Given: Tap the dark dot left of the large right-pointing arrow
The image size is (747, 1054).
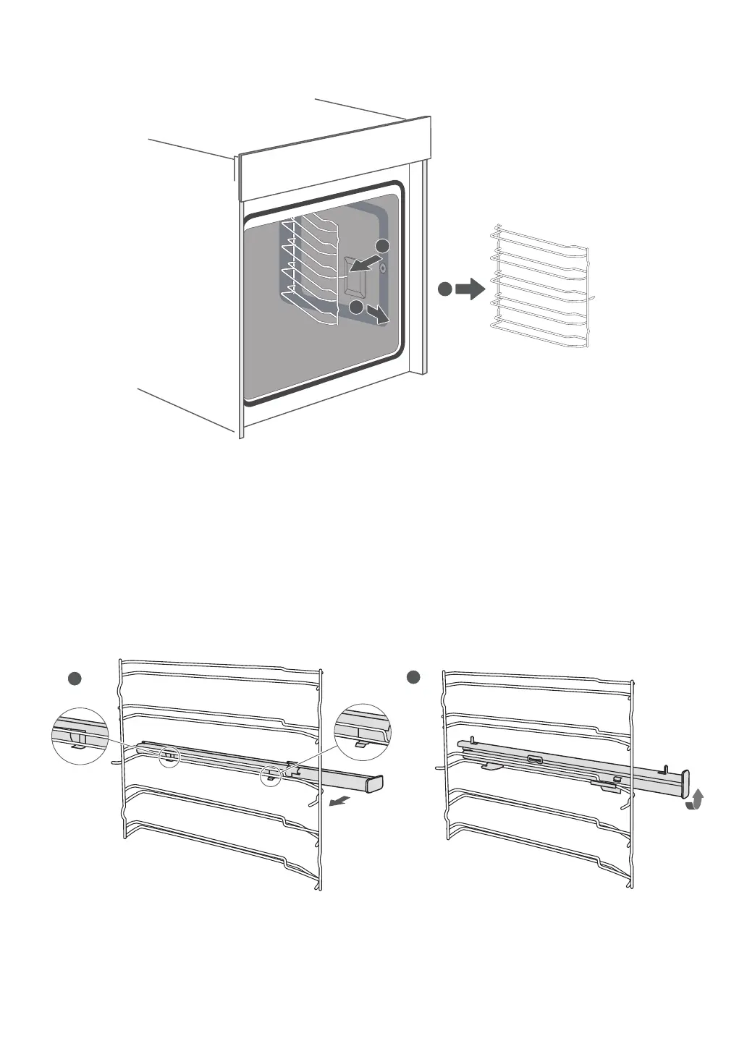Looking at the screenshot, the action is (444, 289).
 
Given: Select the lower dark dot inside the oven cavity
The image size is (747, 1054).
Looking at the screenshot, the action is (356, 307).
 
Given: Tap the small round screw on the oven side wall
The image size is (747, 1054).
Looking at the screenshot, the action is (382, 268).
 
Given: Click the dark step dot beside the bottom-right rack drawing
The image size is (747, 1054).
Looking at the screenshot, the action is (413, 678).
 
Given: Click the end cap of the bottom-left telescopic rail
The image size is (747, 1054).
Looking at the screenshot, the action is (375, 783).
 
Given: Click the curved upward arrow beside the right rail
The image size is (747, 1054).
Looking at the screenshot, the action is (696, 801).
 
